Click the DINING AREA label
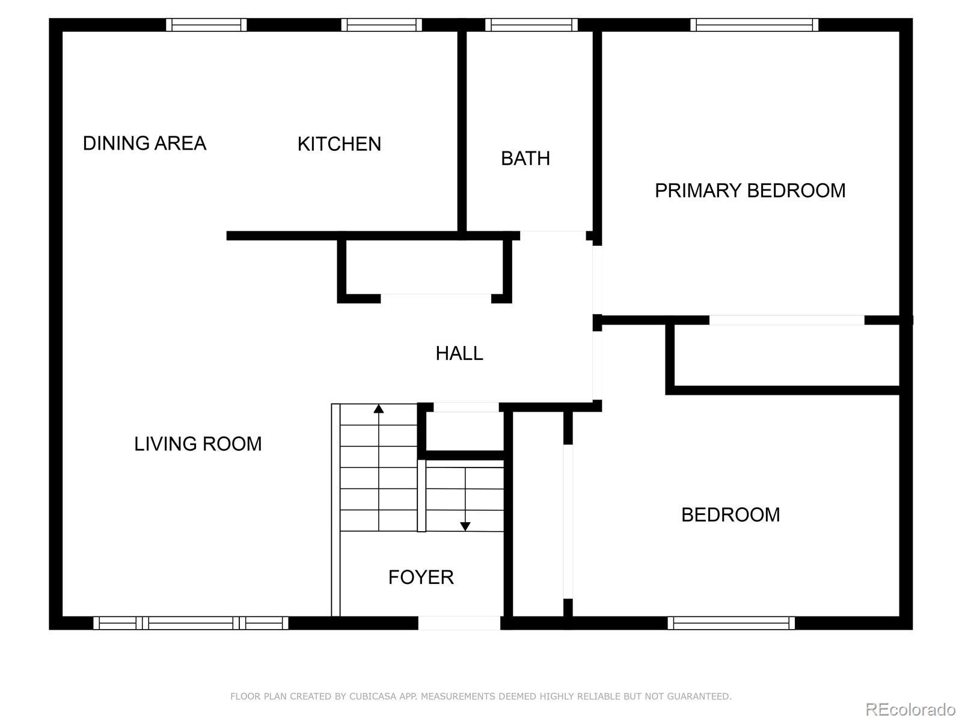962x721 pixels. (x=144, y=143)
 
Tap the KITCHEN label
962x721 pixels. (x=339, y=144)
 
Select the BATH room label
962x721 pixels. (x=525, y=159)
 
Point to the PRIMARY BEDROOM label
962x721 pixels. (x=750, y=190)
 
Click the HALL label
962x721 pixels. (x=459, y=353)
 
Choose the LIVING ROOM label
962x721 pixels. (x=198, y=444)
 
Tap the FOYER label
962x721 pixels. (x=421, y=577)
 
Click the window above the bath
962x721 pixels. (x=531, y=25)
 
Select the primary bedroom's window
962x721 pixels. (x=754, y=25)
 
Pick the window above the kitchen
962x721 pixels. (x=381, y=25)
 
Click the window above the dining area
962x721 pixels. (x=206, y=25)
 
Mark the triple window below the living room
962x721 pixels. (x=191, y=623)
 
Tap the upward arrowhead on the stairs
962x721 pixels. (x=379, y=409)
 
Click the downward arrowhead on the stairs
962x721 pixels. (x=465, y=526)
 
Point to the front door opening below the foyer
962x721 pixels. (x=459, y=623)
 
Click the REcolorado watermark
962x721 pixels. (x=910, y=709)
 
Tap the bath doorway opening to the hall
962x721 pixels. (x=553, y=236)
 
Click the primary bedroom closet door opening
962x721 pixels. (x=786, y=320)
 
